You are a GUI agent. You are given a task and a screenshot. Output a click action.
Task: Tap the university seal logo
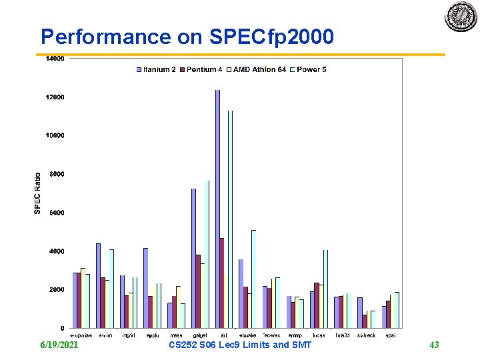(461, 17)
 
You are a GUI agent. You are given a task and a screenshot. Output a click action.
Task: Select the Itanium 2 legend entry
(158, 69)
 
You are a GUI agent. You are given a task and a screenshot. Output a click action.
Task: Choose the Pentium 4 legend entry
(204, 69)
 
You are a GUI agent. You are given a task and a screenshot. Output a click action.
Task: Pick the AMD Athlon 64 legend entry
(257, 69)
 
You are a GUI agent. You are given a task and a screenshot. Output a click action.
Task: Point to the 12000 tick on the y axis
(55, 97)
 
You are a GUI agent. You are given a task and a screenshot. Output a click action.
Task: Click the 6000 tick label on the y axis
(56, 213)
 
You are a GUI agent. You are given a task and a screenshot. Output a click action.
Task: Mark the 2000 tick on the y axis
(56, 290)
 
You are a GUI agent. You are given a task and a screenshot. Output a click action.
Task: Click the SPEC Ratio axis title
(38, 193)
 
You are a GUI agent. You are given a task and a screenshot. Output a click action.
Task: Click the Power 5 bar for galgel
(207, 254)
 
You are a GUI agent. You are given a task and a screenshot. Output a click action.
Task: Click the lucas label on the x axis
(319, 335)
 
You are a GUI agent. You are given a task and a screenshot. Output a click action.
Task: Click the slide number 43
(434, 345)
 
